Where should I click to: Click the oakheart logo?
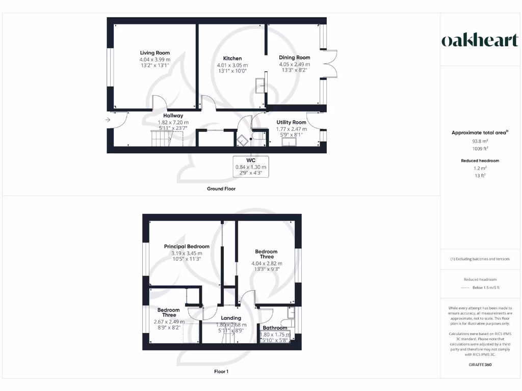point(479,41)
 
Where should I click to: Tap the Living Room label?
point(155,53)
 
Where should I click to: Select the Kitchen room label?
point(232,59)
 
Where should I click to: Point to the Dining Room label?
point(295,58)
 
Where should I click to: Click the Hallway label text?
point(173,116)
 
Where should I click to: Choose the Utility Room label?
point(291,122)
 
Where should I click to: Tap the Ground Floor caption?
point(221,188)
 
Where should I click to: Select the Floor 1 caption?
point(221,372)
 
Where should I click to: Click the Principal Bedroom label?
point(187,246)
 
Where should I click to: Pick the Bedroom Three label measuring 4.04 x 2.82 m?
point(266,254)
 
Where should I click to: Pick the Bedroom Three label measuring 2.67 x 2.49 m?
point(168,313)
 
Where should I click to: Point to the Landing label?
point(231,318)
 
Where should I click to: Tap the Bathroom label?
point(275,328)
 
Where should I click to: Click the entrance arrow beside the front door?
point(108,120)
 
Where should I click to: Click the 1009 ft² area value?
point(480,149)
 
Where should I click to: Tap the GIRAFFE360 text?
point(480,365)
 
